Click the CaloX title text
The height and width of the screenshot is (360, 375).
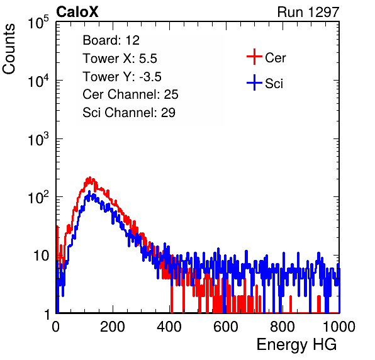coord(77,12)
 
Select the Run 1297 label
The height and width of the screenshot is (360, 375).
coord(308,12)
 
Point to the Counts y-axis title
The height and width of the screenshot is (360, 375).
coord(9,49)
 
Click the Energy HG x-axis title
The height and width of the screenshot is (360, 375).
coord(296,345)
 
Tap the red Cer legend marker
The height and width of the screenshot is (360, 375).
coord(254,57)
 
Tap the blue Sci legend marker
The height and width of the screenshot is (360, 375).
coord(254,82)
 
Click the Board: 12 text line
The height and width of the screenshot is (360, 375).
coord(111,40)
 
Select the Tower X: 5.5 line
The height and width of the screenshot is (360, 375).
coord(120,59)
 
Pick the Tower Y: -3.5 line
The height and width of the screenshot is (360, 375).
coord(122,77)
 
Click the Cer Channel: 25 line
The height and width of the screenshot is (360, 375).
coord(130,94)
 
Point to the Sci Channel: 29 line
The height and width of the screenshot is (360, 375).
coord(129,113)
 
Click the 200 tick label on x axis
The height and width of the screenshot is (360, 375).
coord(113,327)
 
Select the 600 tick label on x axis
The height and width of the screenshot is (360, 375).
coord(226,327)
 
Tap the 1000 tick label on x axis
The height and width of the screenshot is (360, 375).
coord(339,327)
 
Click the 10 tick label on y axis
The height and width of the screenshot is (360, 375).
coord(41,256)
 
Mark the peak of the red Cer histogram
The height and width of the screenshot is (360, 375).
coord(90,177)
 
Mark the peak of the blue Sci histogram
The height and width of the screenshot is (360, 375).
coord(89,191)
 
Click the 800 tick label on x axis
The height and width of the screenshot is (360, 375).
coord(283,327)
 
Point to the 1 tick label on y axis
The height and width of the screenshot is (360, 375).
coord(47,314)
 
